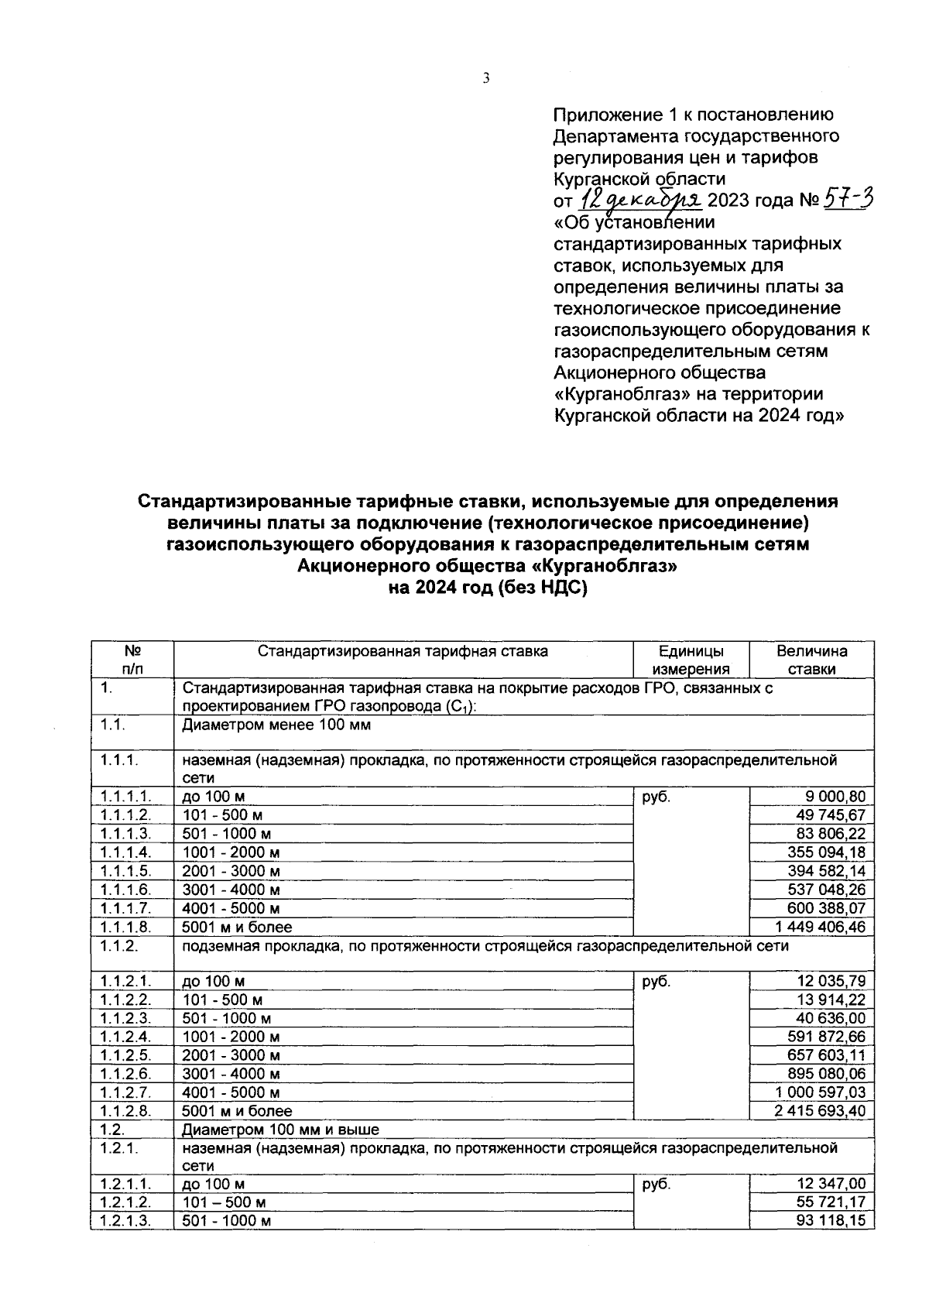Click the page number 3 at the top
tap(485, 78)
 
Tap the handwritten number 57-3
tap(848, 200)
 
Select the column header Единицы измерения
tap(691, 660)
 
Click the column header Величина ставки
tap(811, 660)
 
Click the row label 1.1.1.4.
tap(125, 852)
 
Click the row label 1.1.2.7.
tap(125, 1092)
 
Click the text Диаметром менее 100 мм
tap(276, 725)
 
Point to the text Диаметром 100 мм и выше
tap(280, 1130)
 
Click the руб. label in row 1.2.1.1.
tap(656, 1184)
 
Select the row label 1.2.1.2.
tap(125, 1202)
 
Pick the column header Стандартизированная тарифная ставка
tap(403, 651)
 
